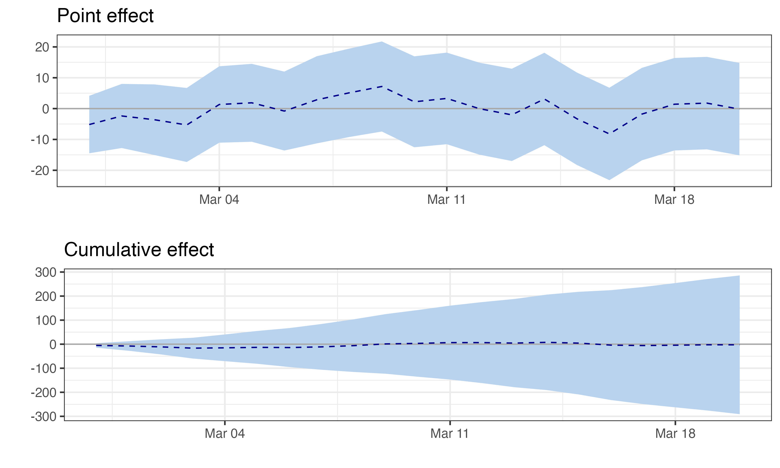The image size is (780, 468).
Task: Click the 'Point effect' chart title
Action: [105, 16]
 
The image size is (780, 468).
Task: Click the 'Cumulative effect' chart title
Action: [139, 250]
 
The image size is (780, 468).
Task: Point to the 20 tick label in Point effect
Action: [42, 47]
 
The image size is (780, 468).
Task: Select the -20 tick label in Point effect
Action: [40, 171]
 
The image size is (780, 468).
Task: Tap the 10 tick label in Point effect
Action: [42, 78]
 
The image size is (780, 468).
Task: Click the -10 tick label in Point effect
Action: [40, 140]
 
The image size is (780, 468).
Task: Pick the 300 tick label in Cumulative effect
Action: [46, 272]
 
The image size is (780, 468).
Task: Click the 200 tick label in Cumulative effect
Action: [46, 296]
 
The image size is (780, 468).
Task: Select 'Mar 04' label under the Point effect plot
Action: [219, 200]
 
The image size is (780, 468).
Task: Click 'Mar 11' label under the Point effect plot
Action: [446, 200]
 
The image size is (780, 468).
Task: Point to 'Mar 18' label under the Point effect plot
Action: [674, 200]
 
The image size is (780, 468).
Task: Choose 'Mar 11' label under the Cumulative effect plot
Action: [450, 434]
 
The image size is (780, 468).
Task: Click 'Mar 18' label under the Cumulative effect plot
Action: [675, 434]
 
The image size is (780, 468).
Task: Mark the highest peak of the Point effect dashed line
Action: [382, 86]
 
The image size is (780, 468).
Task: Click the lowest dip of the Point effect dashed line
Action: [609, 134]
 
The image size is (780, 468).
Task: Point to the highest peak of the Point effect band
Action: [382, 42]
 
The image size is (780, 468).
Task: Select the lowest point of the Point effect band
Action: [609, 180]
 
